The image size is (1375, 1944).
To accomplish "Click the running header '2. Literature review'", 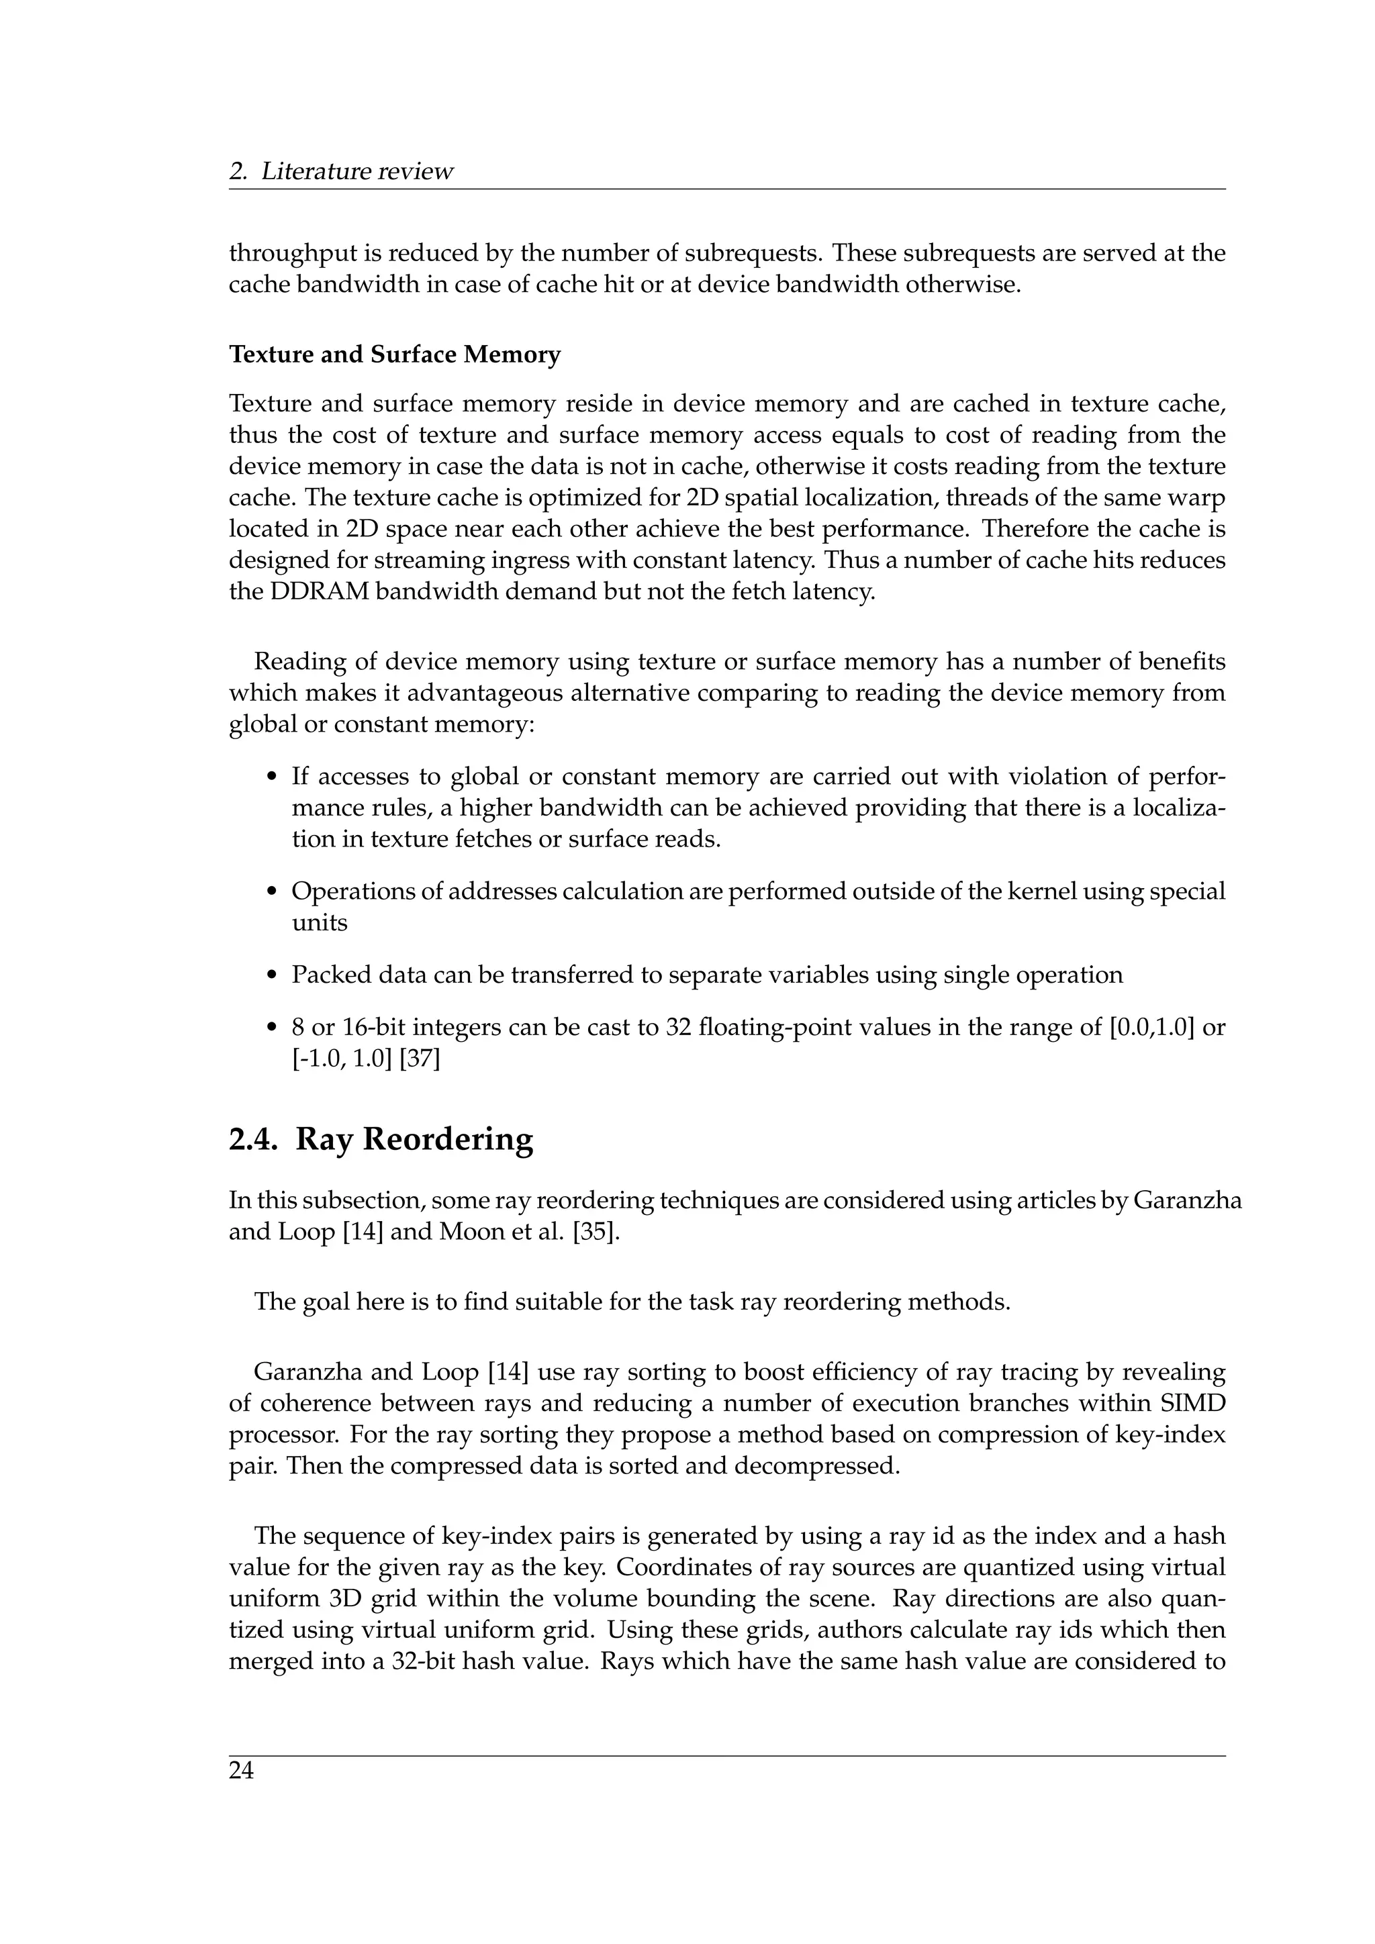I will click(341, 171).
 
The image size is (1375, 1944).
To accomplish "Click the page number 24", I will click(241, 1770).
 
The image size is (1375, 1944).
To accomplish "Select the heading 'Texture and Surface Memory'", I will click(395, 354).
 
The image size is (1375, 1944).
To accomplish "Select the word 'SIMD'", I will click(1194, 1403).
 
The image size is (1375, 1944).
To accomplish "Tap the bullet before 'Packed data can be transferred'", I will click(272, 975).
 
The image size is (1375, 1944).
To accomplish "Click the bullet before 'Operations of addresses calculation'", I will click(272, 891).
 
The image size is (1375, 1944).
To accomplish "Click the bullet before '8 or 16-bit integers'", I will click(272, 1028).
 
